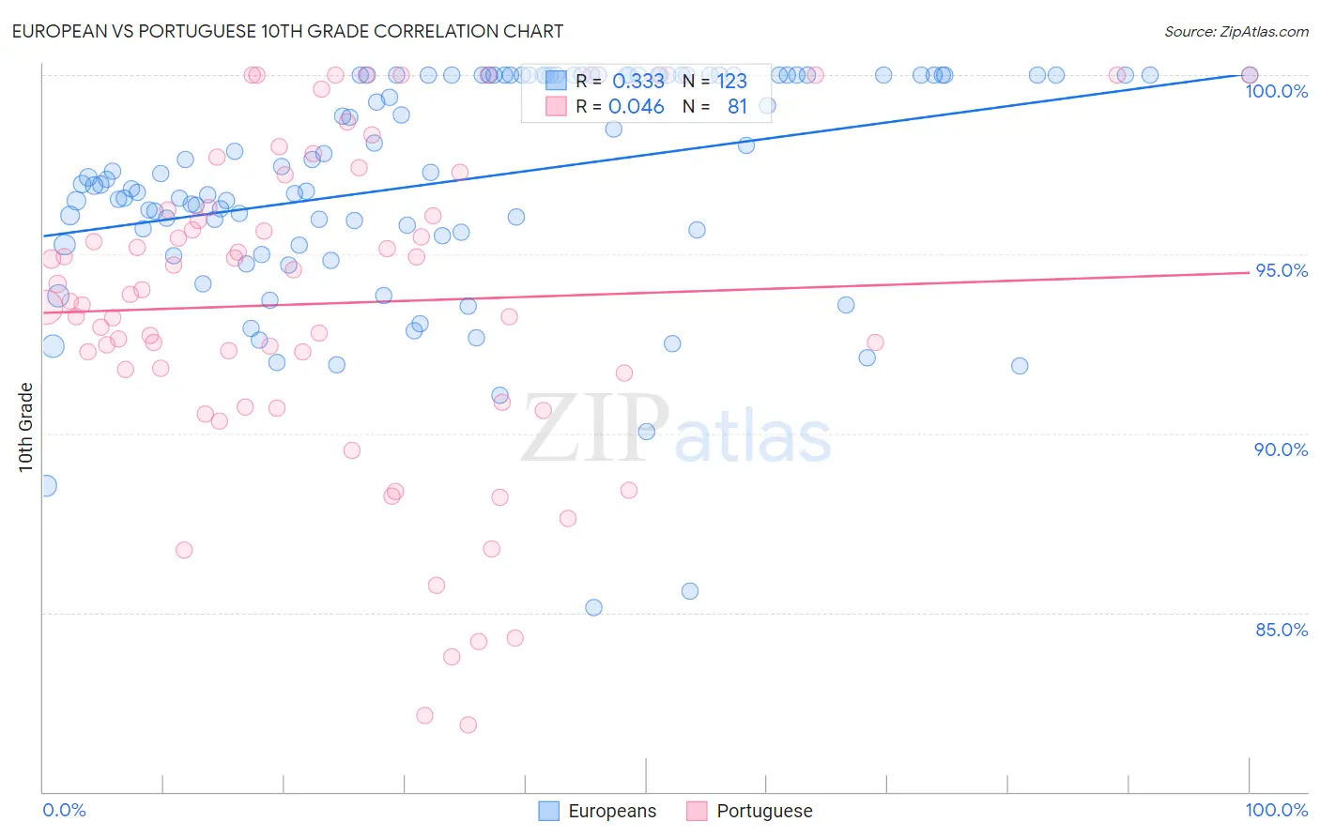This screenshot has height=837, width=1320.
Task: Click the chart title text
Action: [287, 31]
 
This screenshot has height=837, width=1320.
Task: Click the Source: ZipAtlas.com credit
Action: [1236, 31]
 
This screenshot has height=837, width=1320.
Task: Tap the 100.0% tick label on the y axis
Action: [1276, 91]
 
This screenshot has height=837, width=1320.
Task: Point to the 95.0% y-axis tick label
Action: [1282, 270]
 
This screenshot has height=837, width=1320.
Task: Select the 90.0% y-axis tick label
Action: [1281, 449]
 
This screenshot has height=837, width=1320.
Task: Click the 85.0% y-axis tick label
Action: [1282, 630]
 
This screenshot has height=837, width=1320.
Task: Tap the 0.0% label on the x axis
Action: [64, 810]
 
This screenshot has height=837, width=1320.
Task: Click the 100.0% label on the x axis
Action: [1276, 810]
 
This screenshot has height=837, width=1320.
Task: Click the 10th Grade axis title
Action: [25, 427]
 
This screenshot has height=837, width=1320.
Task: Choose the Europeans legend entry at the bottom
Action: [598, 811]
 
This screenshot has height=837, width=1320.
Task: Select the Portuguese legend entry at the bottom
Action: [750, 811]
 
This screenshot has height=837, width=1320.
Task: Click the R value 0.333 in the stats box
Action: [638, 82]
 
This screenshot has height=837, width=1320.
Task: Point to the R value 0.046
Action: [637, 107]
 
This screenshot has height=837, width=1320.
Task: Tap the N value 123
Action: [732, 82]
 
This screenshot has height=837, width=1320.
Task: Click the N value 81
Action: [737, 107]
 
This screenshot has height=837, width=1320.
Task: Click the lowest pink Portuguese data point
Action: [468, 724]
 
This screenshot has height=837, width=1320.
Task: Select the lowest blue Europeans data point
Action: [593, 607]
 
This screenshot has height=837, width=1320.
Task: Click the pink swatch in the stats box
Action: [556, 106]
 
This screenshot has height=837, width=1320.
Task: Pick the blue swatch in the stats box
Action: [556, 81]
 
